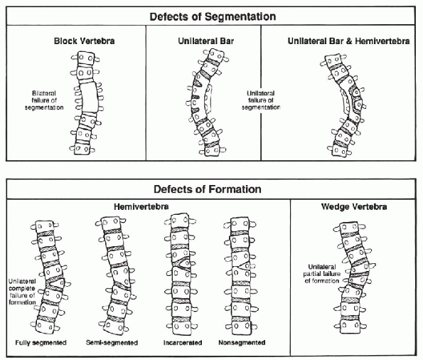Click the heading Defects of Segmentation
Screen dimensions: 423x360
[213, 16]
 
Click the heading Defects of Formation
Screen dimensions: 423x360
[207, 189]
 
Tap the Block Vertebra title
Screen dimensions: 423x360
[84, 41]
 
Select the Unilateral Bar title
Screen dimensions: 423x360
[206, 41]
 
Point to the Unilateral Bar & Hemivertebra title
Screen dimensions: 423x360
[348, 41]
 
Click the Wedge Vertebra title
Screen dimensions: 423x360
[354, 207]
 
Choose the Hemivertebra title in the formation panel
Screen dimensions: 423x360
[141, 207]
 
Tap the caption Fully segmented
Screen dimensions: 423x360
[41, 343]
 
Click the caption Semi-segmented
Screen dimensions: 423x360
[112, 343]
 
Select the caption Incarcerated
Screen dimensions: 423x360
[183, 343]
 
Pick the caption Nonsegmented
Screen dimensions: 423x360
[242, 343]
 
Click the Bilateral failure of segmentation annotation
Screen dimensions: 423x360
[44, 100]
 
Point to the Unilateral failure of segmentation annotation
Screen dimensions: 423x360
[261, 100]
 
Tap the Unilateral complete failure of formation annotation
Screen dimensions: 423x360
[22, 292]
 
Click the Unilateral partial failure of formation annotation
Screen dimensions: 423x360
[321, 274]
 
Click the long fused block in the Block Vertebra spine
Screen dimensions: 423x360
[89, 97]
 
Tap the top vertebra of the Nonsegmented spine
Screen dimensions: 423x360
[240, 223]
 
